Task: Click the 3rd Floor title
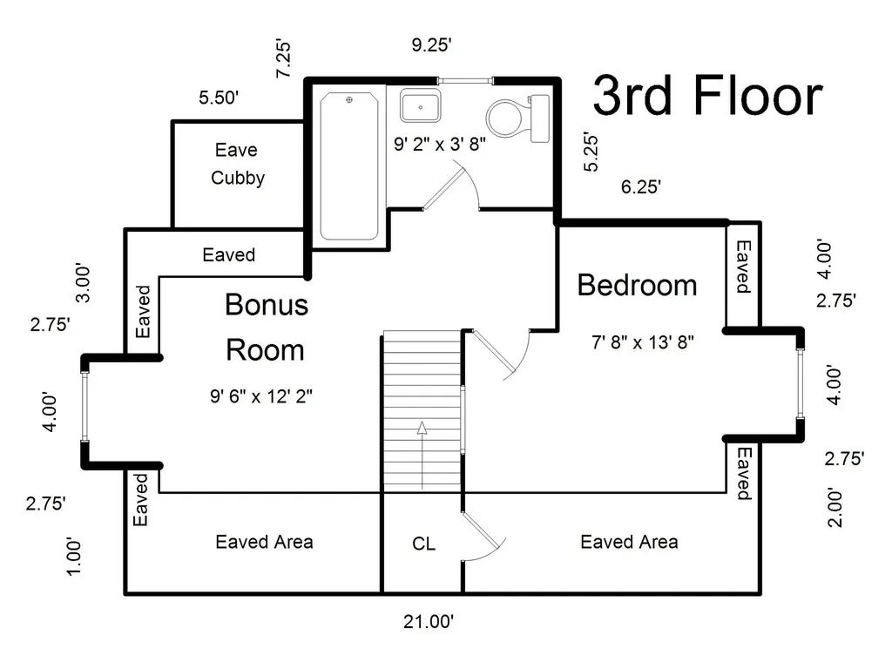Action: pos(707,96)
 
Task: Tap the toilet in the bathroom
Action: pos(517,118)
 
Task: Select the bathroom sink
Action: pos(420,105)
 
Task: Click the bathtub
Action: pos(348,166)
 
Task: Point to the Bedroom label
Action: pos(637,285)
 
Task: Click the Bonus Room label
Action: pos(267,328)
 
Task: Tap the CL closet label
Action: pos(424,544)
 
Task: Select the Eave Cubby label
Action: pos(237,164)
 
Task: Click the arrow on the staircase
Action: pos(422,455)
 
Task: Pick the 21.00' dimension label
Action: pos(429,621)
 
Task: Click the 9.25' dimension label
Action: pos(432,45)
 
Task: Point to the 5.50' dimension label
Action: pos(219,98)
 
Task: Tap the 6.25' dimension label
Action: pos(640,186)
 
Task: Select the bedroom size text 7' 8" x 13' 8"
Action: pos(643,342)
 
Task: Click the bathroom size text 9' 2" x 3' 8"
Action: pos(440,144)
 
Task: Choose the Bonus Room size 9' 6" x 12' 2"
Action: pos(261,396)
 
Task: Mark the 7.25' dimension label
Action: pos(283,59)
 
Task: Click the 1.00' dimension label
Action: pos(74,557)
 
